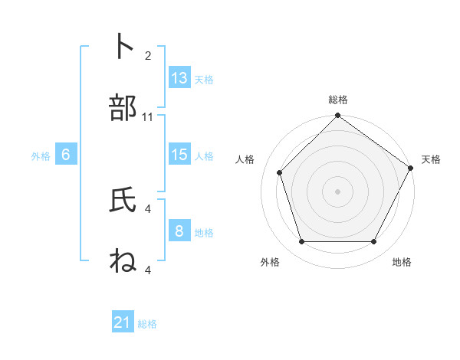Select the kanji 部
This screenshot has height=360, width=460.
pyautogui.click(x=123, y=109)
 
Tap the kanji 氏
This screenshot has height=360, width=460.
pyautogui.click(x=123, y=200)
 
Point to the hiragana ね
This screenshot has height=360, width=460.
pyautogui.click(x=123, y=262)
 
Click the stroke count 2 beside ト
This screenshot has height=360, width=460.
pyautogui.click(x=148, y=55)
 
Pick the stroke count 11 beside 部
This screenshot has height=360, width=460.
pyautogui.click(x=148, y=117)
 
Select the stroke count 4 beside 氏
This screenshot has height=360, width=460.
pyautogui.click(x=148, y=208)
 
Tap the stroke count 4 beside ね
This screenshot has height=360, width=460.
pyautogui.click(x=148, y=270)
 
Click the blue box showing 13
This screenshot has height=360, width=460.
pyautogui.click(x=179, y=78)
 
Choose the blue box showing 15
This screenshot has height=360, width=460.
pyautogui.click(x=179, y=155)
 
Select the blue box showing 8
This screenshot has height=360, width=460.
pyautogui.click(x=179, y=231)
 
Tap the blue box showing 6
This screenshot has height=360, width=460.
pyautogui.click(x=66, y=155)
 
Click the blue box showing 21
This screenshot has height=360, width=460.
pyautogui.click(x=123, y=322)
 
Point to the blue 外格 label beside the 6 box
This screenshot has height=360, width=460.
pyautogui.click(x=41, y=156)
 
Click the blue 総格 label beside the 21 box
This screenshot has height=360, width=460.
pyautogui.click(x=147, y=324)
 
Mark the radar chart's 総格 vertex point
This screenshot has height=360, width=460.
pyautogui.click(x=337, y=116)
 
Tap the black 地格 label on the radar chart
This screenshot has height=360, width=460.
pyautogui.click(x=402, y=262)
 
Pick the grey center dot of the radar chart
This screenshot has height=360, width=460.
pyautogui.click(x=337, y=191)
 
